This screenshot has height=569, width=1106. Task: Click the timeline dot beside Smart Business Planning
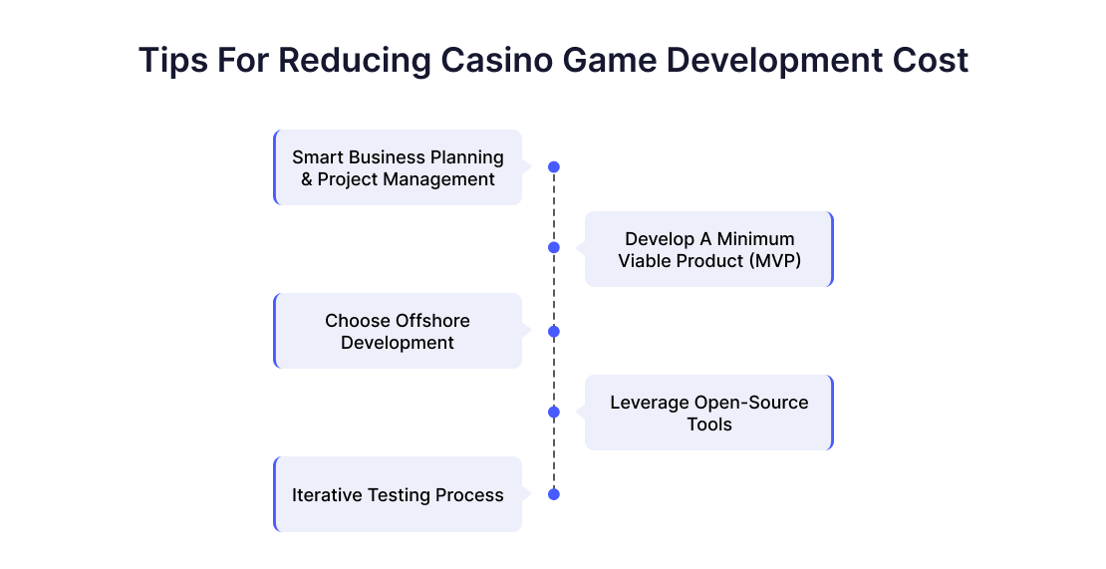(554, 167)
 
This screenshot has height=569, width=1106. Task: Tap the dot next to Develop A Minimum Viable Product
(554, 247)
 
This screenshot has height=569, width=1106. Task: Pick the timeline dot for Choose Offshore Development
(554, 332)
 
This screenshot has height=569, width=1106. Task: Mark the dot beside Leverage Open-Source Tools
(554, 412)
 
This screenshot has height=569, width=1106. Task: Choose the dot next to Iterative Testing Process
(554, 494)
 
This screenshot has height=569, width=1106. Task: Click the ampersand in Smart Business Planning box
(307, 179)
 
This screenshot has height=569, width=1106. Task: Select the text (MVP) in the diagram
(775, 261)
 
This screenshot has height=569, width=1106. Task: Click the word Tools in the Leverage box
(709, 425)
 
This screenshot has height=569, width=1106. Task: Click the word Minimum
(755, 239)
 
